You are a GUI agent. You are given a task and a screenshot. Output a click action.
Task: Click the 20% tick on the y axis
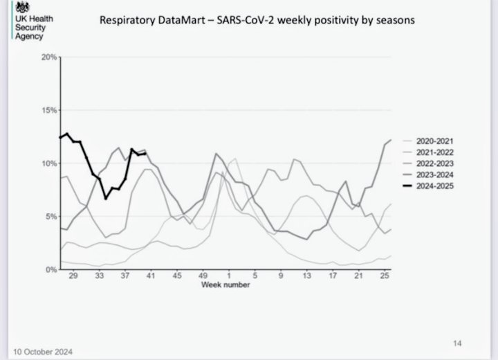pyautogui.click(x=48, y=57)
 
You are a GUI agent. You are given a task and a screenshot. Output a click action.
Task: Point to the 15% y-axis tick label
pyautogui.click(x=48, y=110)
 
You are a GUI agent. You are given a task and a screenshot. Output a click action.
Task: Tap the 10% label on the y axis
pyautogui.click(x=48, y=163)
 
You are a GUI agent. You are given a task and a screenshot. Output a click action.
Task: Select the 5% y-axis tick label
pyautogui.click(x=50, y=217)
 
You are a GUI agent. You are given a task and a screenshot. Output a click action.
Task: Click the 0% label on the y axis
pyautogui.click(x=50, y=270)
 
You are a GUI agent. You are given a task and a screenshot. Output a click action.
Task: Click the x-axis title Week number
pyautogui.click(x=226, y=285)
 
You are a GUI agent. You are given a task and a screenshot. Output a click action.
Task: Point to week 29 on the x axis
pyautogui.click(x=75, y=276)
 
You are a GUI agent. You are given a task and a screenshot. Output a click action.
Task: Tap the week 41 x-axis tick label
pyautogui.click(x=151, y=276)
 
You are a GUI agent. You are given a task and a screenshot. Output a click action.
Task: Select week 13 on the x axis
pyautogui.click(x=306, y=276)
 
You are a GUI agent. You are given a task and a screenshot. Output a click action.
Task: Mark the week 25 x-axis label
pyautogui.click(x=384, y=276)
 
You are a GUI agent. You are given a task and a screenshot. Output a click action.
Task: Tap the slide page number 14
pyautogui.click(x=457, y=342)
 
